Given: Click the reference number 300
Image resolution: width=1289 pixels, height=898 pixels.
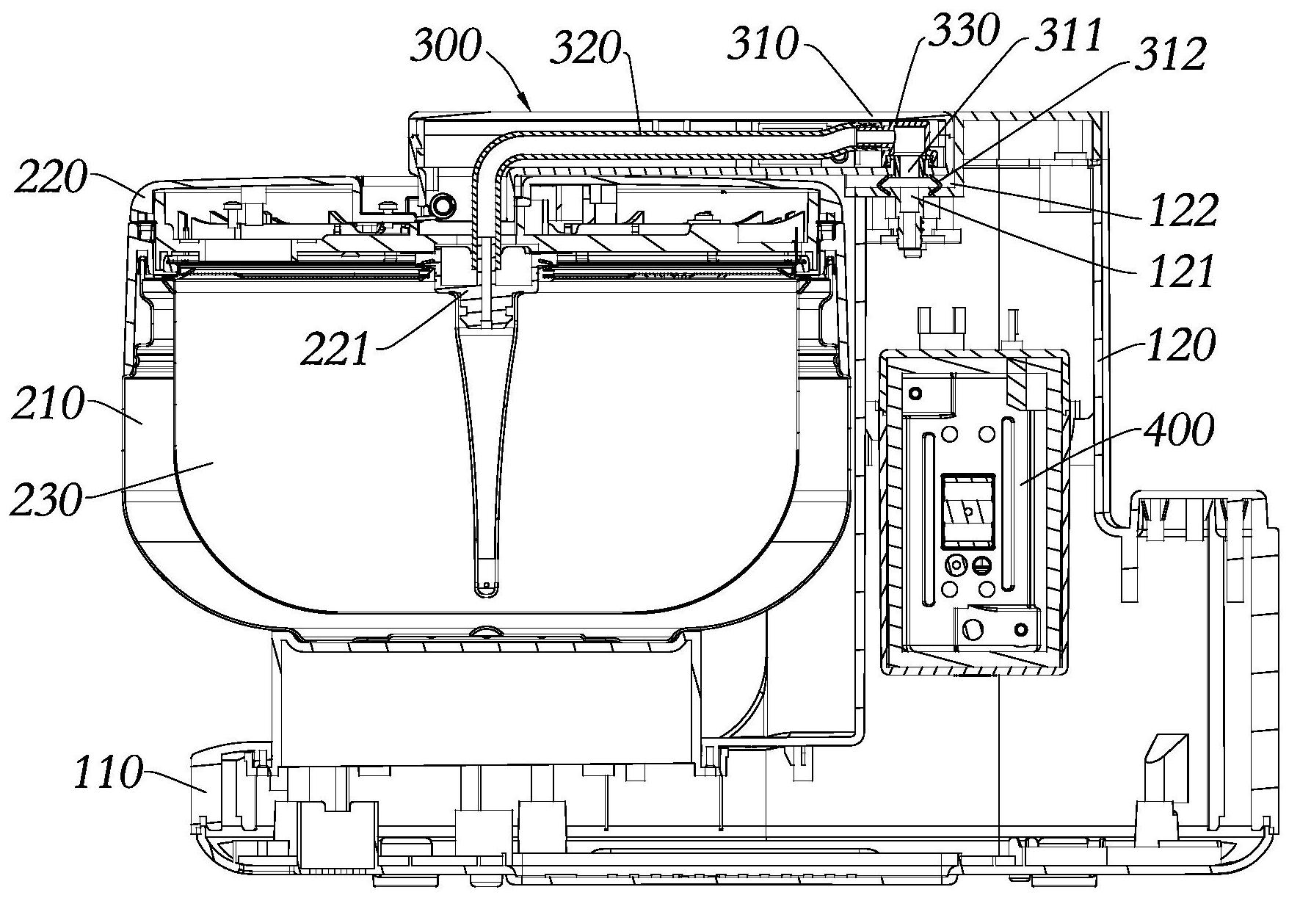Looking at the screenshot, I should [446, 49].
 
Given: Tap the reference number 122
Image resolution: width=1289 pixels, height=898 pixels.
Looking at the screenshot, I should [1179, 211].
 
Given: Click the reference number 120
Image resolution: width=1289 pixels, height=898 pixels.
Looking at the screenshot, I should [1180, 345].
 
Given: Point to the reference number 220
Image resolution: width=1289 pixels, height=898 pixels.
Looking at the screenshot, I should [50, 179].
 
